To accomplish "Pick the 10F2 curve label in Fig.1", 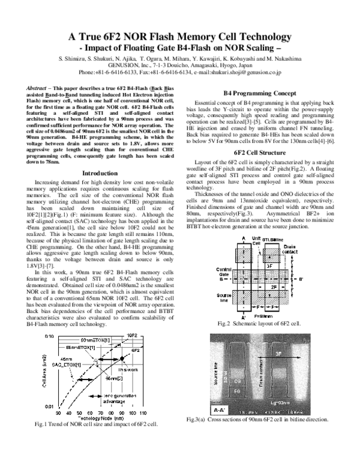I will coord(133,334).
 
